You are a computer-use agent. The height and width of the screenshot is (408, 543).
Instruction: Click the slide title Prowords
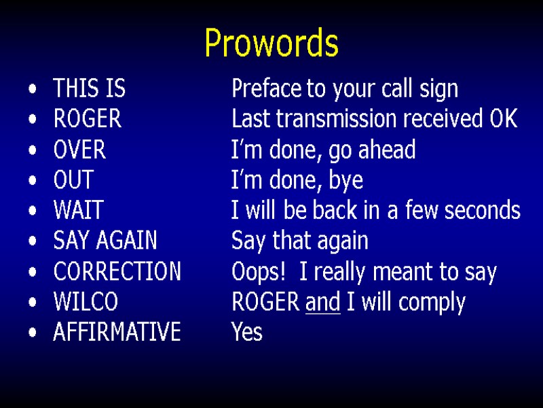click(x=271, y=44)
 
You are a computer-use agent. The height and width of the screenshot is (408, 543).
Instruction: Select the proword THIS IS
click(x=89, y=88)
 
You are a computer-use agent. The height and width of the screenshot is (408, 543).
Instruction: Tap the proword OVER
click(x=79, y=150)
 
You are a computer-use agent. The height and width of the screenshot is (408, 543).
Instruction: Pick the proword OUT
click(x=73, y=180)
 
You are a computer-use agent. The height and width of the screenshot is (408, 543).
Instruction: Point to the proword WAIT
click(x=78, y=211)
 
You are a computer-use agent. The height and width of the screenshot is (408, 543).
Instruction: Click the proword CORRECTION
click(x=117, y=272)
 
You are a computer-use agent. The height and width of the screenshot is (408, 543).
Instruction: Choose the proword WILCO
click(x=86, y=302)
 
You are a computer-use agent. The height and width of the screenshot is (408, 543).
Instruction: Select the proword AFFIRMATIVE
click(x=117, y=333)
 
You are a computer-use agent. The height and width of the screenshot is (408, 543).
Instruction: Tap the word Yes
click(x=247, y=333)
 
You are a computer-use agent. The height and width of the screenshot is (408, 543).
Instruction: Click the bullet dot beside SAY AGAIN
click(x=34, y=241)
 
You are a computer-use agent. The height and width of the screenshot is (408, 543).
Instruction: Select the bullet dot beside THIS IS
click(x=34, y=89)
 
